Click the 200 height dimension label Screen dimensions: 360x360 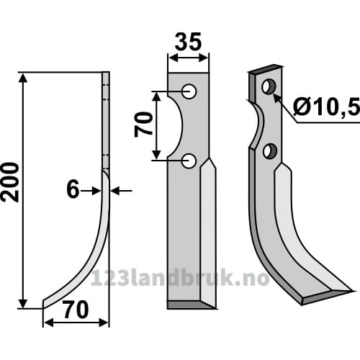point(10,182)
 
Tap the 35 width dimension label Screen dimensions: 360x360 point(188,42)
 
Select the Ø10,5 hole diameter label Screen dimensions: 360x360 point(327,107)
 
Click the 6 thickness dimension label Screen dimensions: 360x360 point(73,189)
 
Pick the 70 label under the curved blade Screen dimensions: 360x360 point(76,310)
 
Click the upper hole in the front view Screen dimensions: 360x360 point(189,91)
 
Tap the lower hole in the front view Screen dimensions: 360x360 point(189,161)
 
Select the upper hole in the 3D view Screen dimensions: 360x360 point(269,86)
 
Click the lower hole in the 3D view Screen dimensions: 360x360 point(270,151)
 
